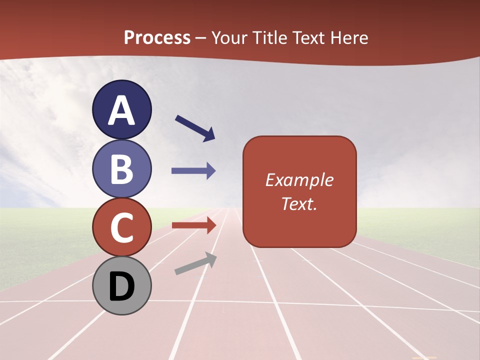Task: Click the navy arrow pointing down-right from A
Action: (195, 128)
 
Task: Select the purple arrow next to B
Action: (193, 171)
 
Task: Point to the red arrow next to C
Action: (193, 225)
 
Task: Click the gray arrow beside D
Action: (195, 263)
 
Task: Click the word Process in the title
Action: (157, 37)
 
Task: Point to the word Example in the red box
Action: (299, 180)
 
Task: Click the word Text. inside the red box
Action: (299, 203)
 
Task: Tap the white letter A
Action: (122, 110)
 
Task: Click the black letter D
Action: (122, 286)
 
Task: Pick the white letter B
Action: (122, 168)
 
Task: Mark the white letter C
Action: (122, 227)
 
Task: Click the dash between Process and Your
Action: (201, 38)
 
